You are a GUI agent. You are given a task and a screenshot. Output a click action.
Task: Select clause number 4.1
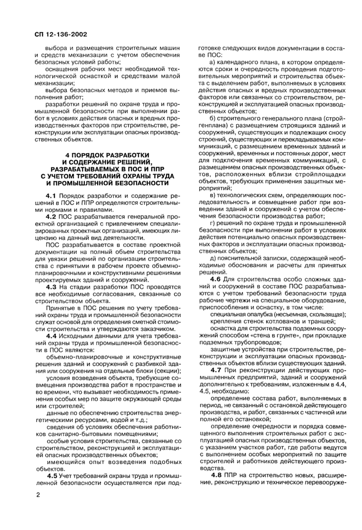50,196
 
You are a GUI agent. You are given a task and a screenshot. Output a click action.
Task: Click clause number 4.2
50,217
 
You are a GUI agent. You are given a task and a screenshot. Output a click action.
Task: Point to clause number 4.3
50,286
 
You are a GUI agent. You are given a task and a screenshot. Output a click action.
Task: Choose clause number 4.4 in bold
50,336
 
